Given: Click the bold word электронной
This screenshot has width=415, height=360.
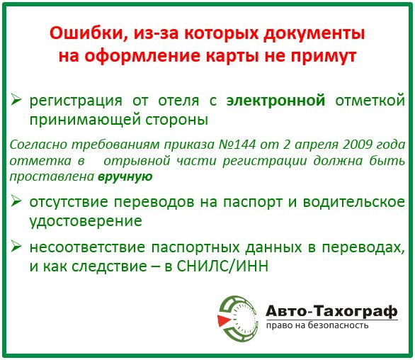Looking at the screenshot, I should tap(275, 100).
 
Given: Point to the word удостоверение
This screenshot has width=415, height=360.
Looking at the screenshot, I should tap(86, 221).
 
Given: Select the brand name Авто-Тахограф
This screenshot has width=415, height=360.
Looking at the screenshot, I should tap(331, 311).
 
